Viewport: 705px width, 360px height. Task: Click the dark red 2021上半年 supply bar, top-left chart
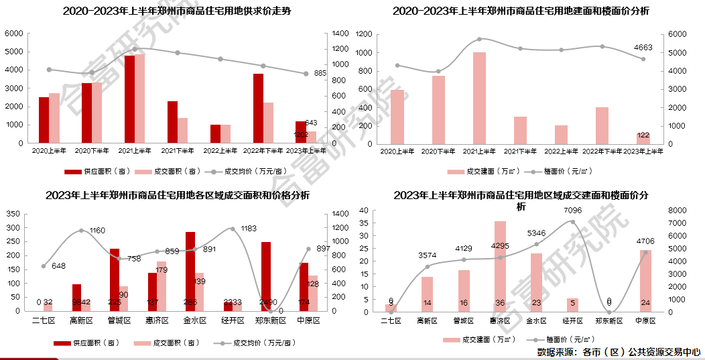pyautogui.click(x=129, y=99)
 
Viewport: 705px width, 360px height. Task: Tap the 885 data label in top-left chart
pyautogui.click(x=320, y=73)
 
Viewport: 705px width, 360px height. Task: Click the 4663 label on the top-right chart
pyautogui.click(x=643, y=47)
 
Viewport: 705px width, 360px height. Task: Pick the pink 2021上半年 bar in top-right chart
pyautogui.click(x=479, y=98)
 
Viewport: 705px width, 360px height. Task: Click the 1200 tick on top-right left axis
pyautogui.click(x=363, y=34)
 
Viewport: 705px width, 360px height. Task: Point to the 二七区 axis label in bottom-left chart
pyautogui.click(x=44, y=321)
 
